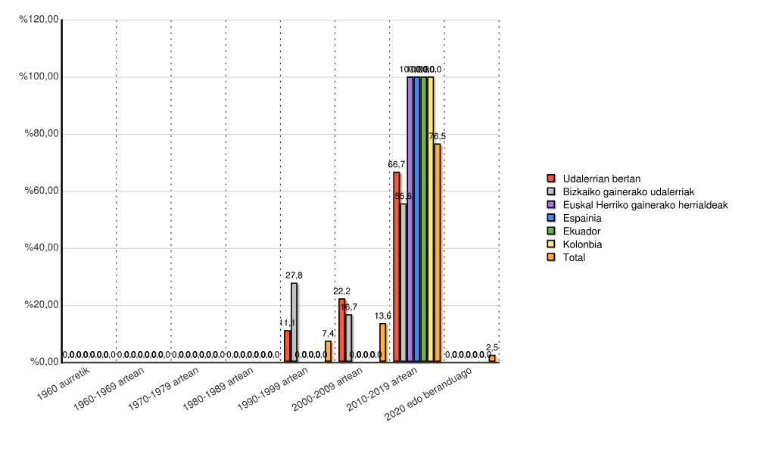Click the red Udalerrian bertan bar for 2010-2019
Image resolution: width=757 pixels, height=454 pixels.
coord(397,267)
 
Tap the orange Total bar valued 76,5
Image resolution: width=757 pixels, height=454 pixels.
coord(438,253)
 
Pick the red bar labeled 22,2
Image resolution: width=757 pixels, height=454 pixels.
coord(342,331)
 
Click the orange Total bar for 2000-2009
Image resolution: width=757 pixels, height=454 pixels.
coord(383,343)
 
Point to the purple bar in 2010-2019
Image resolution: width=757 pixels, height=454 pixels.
coord(410,219)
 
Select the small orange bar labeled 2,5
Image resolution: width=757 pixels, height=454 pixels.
coord(492,359)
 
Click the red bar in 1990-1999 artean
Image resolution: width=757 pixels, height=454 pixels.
coord(288,347)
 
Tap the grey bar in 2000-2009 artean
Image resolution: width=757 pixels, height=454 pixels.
coord(349,338)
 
